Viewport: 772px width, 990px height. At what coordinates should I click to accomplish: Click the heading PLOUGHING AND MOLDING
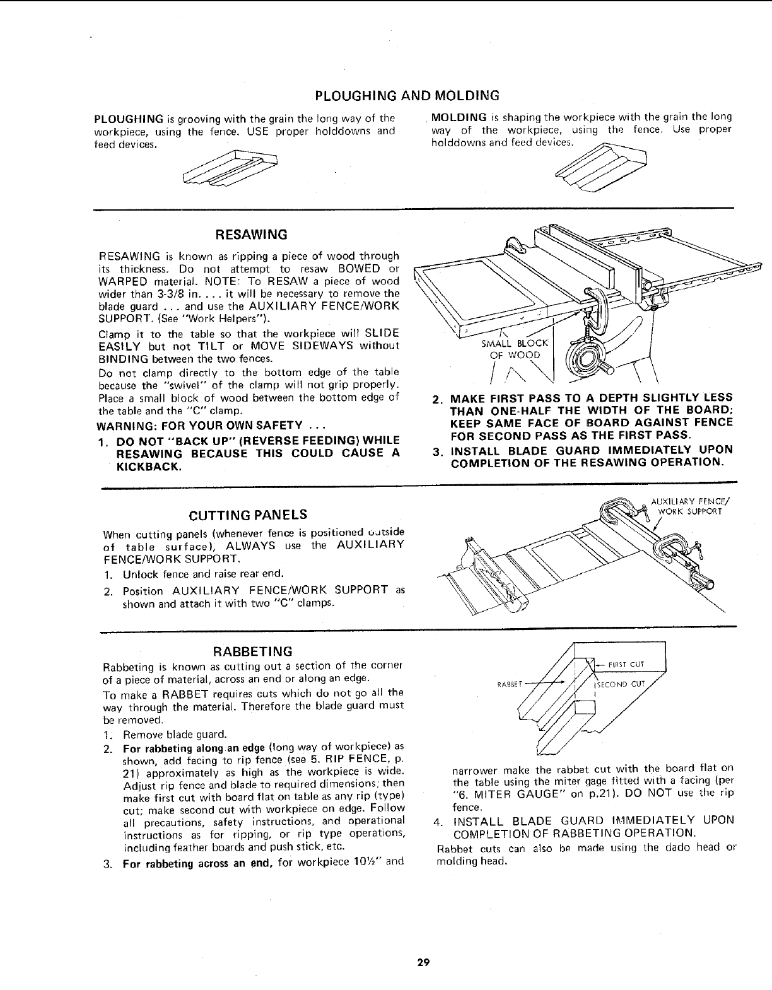(x=407, y=96)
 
